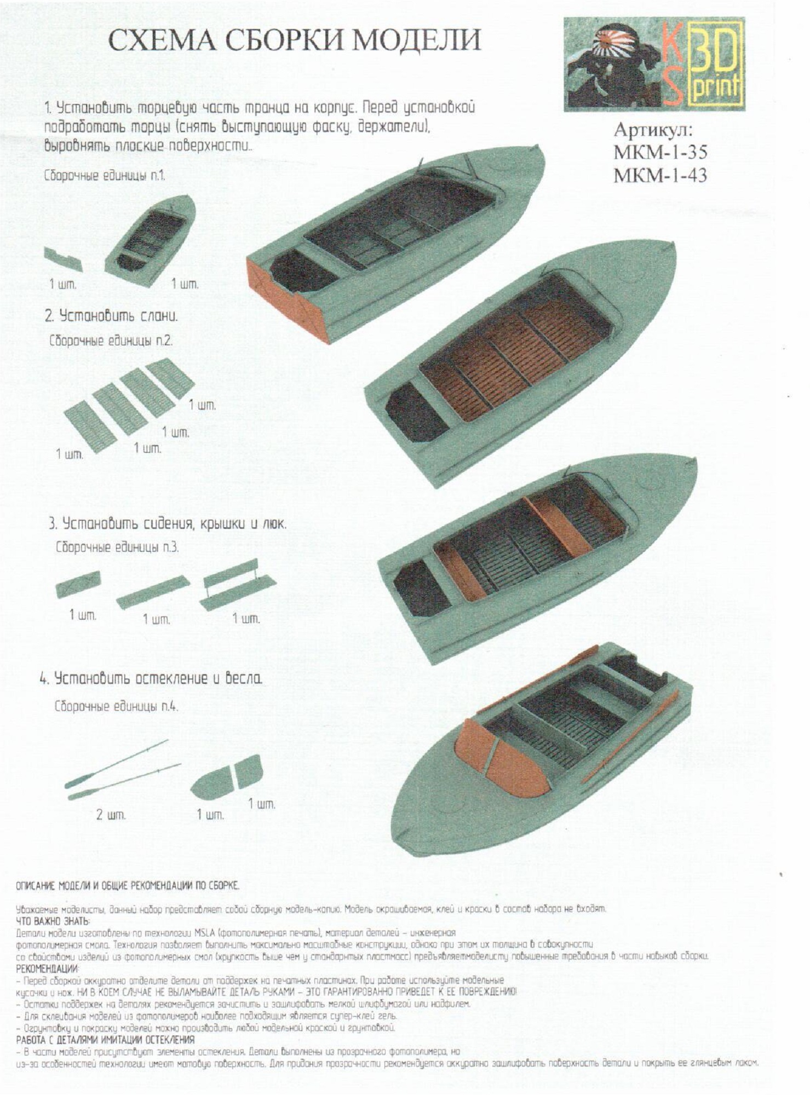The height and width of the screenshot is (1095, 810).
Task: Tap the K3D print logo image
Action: [x=654, y=65]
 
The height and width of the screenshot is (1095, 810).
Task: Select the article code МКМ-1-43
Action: [x=660, y=175]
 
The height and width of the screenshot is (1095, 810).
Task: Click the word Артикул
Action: [x=654, y=130]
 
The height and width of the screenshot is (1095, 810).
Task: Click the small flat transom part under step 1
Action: [x=63, y=258]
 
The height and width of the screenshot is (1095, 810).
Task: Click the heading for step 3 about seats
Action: [x=168, y=523]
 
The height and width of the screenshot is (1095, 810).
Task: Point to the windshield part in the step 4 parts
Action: [x=226, y=775]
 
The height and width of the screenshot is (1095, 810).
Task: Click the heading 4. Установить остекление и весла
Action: [x=151, y=679]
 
